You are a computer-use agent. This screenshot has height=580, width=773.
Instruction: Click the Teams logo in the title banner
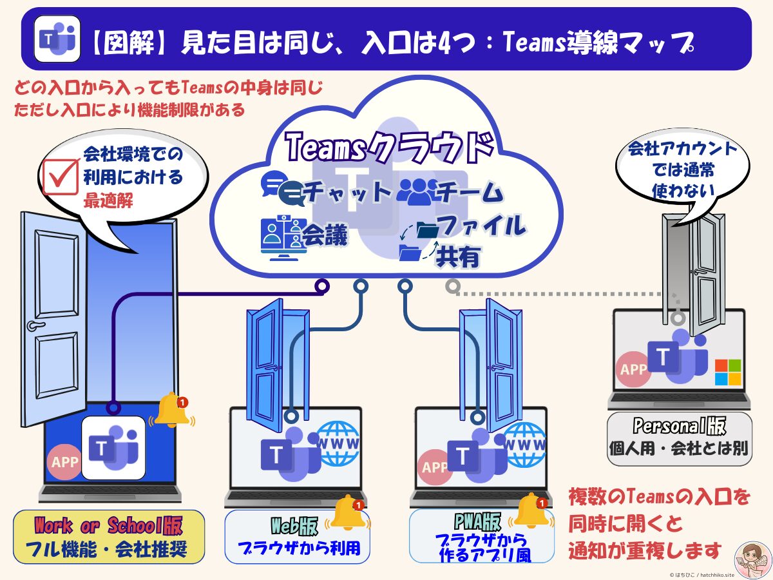[57, 38]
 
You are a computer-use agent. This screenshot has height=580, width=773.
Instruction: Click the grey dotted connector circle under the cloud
[452, 284]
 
